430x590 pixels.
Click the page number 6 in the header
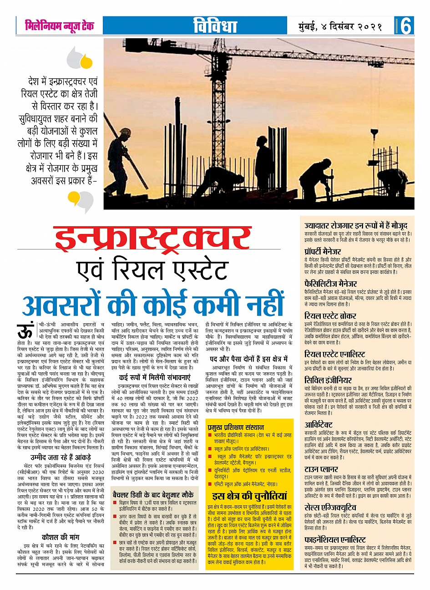point(406,26)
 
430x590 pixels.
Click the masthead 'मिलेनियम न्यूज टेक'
point(60,25)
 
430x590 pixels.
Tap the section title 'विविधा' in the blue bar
point(215,26)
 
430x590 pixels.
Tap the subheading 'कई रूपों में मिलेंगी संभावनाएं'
point(155,378)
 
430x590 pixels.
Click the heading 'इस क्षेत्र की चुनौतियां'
point(249,496)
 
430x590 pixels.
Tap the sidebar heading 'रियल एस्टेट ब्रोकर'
point(330,316)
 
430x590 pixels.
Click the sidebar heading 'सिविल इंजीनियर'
point(328,380)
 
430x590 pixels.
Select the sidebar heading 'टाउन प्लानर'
point(322,469)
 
